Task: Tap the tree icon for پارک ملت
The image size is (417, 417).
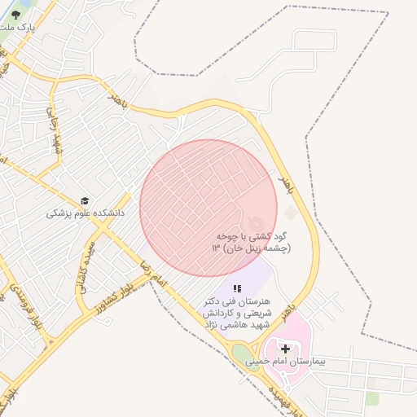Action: point(15,14)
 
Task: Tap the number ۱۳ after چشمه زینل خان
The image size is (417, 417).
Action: point(217,248)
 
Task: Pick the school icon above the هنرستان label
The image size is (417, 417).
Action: point(237,288)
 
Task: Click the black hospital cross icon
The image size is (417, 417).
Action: point(284,349)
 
